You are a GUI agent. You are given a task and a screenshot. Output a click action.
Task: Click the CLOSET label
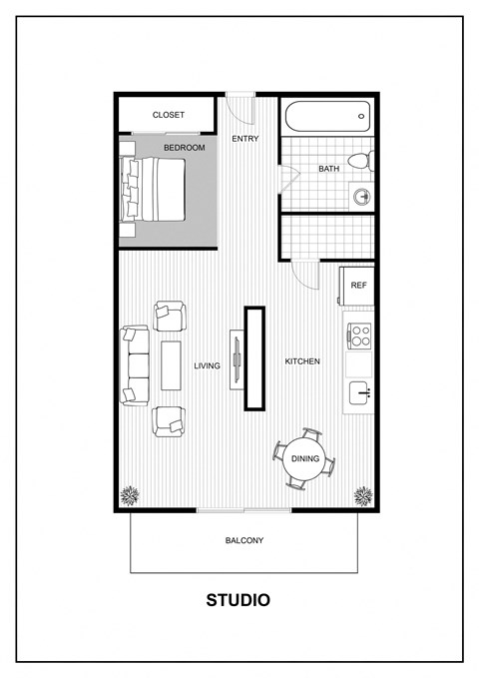click(x=168, y=115)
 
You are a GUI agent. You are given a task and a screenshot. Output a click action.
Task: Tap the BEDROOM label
click(x=185, y=148)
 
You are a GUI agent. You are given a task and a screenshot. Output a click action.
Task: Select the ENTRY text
click(x=244, y=138)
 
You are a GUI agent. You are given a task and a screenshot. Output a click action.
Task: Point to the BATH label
click(x=328, y=169)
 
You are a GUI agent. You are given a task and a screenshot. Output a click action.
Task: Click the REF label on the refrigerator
click(x=357, y=285)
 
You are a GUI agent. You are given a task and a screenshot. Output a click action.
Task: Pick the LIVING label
click(x=207, y=366)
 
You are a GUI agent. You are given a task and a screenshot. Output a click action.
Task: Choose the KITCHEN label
click(x=302, y=361)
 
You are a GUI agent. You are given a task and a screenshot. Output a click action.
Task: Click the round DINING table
click(x=304, y=459)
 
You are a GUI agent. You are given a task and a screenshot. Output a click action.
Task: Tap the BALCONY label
click(x=243, y=540)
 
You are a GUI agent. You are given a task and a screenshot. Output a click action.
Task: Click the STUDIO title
click(x=238, y=600)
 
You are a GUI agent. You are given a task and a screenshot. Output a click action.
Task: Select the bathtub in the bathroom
click(x=326, y=116)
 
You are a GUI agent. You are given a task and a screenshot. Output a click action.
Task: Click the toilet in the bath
click(x=360, y=160)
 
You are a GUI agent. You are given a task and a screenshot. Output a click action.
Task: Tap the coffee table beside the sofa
click(x=172, y=365)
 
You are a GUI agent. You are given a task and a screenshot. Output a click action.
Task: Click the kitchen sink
click(x=358, y=390)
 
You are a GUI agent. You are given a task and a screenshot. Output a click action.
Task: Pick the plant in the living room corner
click(x=129, y=494)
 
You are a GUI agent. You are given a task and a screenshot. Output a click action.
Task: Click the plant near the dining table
click(x=364, y=494)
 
